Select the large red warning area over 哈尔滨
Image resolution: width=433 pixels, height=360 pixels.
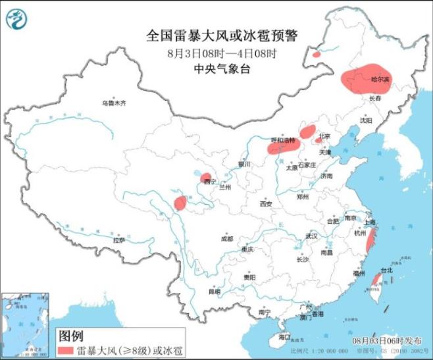point(366,80)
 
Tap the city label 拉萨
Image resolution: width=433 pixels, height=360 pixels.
point(118,240)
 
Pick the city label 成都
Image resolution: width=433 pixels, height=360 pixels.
point(227,238)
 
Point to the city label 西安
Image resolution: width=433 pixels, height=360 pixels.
point(265,204)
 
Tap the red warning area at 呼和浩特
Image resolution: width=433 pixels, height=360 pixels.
point(282,147)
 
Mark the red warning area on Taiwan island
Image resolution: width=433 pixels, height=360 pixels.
point(376,279)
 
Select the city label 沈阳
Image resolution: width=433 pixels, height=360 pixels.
point(366,120)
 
